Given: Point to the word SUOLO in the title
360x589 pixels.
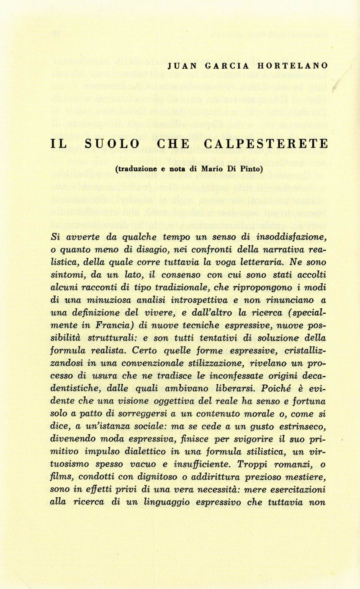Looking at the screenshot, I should (113, 144).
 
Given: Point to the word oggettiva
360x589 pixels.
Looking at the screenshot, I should (172, 400).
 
